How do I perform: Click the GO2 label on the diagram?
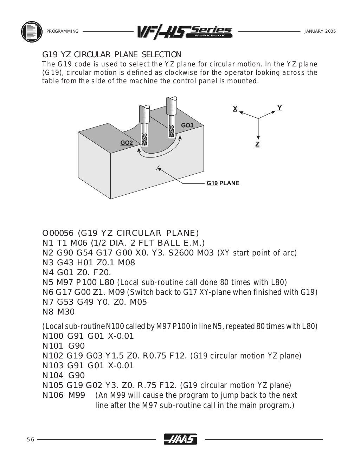click(127, 143)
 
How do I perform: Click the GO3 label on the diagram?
click(187, 125)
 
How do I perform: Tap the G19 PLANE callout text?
click(223, 183)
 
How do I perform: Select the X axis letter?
click(235, 109)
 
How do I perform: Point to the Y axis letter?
click(279, 108)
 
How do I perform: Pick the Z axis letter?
click(257, 144)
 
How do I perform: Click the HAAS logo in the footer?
click(180, 439)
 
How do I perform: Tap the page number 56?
click(30, 440)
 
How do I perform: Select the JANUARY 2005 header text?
click(320, 31)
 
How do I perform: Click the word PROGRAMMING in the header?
click(62, 31)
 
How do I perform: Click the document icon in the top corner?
click(32, 31)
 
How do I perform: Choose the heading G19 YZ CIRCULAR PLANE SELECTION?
click(112, 54)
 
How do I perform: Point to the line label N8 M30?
click(58, 312)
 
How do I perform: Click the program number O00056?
click(58, 233)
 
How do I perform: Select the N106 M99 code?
click(64, 395)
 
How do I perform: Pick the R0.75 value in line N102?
click(155, 356)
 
